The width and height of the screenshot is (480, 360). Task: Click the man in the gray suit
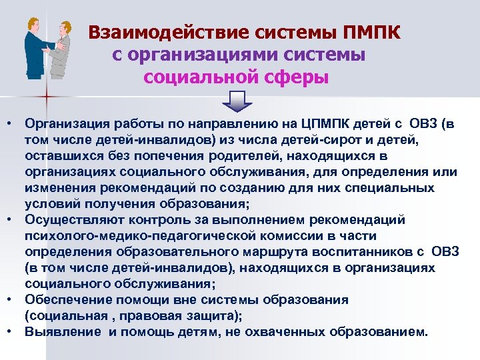pos(61,49)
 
